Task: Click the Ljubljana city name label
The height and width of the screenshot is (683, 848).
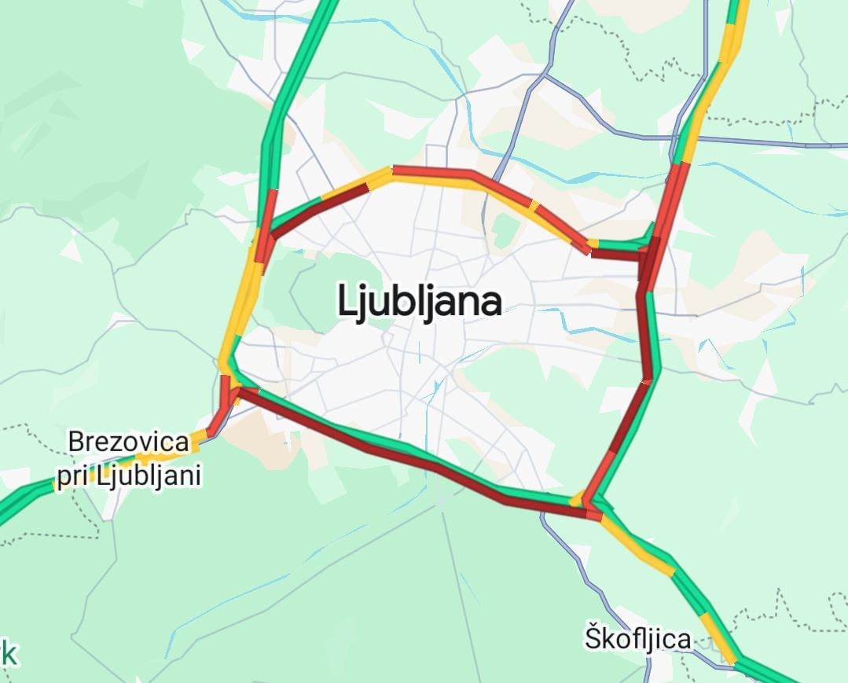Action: (x=420, y=301)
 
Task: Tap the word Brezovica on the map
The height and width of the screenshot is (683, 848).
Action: (x=129, y=442)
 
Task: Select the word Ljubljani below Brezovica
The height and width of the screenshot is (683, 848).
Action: (x=149, y=476)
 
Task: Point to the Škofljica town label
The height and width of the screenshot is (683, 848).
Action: (x=637, y=638)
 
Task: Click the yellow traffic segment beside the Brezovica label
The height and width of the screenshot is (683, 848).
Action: (x=164, y=453)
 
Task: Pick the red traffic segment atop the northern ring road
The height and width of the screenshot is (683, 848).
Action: (x=432, y=172)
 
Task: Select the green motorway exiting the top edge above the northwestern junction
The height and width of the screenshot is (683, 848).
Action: (x=314, y=31)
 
